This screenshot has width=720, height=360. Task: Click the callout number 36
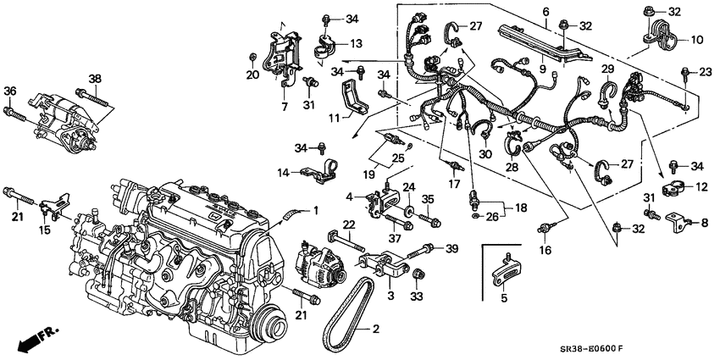coord(10,91)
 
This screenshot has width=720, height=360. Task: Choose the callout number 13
coord(332,43)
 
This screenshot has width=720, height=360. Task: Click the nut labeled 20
coord(252,58)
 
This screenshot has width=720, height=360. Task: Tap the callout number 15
coord(45,230)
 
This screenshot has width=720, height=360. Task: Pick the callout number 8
coord(704,222)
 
